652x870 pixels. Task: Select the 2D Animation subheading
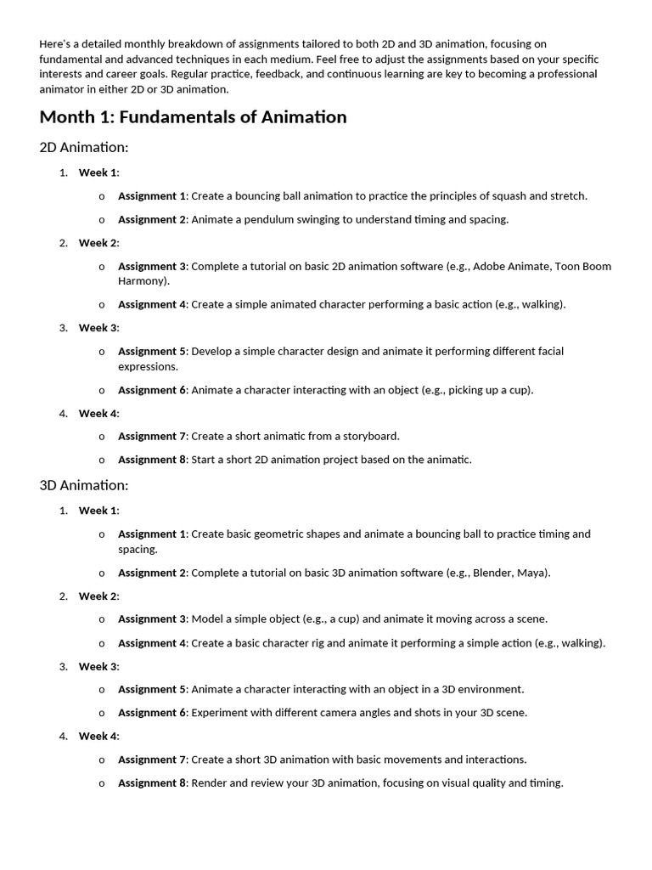[x=84, y=148]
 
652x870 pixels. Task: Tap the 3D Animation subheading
[x=84, y=486]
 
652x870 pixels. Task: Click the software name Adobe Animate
[x=512, y=266]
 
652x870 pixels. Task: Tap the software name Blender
[x=492, y=573]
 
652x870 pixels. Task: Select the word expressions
[x=148, y=366]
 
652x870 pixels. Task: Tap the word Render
[x=209, y=782]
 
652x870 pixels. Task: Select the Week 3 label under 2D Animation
[x=98, y=328]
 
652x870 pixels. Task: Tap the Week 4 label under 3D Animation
[x=98, y=736]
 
